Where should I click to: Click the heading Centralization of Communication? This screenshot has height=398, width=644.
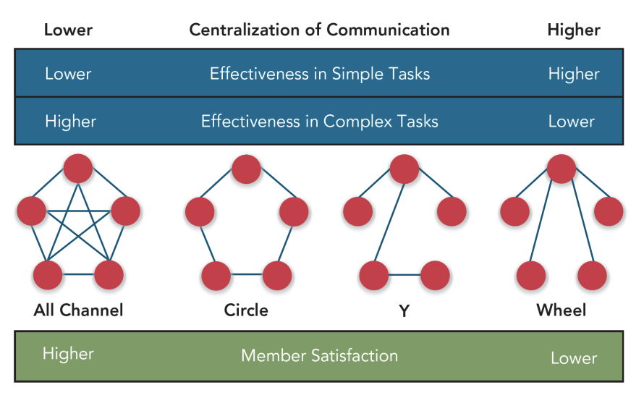[x=319, y=30]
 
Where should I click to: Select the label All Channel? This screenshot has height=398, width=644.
[x=78, y=310]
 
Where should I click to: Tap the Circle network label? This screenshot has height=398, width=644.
[x=246, y=310]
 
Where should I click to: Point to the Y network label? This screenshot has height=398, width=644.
[x=404, y=311]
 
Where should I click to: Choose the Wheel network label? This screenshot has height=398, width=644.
[x=561, y=310]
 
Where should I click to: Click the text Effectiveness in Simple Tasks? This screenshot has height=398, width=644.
[x=320, y=74]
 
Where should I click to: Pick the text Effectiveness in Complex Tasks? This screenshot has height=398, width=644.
[x=320, y=121]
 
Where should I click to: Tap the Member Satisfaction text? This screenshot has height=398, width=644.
[x=319, y=355]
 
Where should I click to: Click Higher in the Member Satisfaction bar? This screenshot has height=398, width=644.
[x=68, y=354]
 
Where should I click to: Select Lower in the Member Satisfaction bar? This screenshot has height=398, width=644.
[x=574, y=358]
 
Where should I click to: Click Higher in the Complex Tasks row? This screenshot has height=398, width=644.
[x=70, y=121]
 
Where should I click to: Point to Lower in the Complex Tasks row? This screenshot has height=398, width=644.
[x=571, y=121]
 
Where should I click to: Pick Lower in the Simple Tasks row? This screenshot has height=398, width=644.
[x=68, y=74]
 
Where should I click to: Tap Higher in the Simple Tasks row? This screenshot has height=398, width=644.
[x=574, y=74]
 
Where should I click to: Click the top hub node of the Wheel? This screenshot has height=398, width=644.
[x=561, y=169]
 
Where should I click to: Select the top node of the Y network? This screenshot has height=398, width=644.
[x=404, y=169]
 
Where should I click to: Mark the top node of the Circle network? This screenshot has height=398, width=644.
[x=246, y=169]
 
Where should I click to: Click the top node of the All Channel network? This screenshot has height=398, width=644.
[x=78, y=169]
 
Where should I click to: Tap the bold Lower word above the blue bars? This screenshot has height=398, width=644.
[x=68, y=30]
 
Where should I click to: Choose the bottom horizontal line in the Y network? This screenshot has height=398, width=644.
[x=404, y=275]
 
